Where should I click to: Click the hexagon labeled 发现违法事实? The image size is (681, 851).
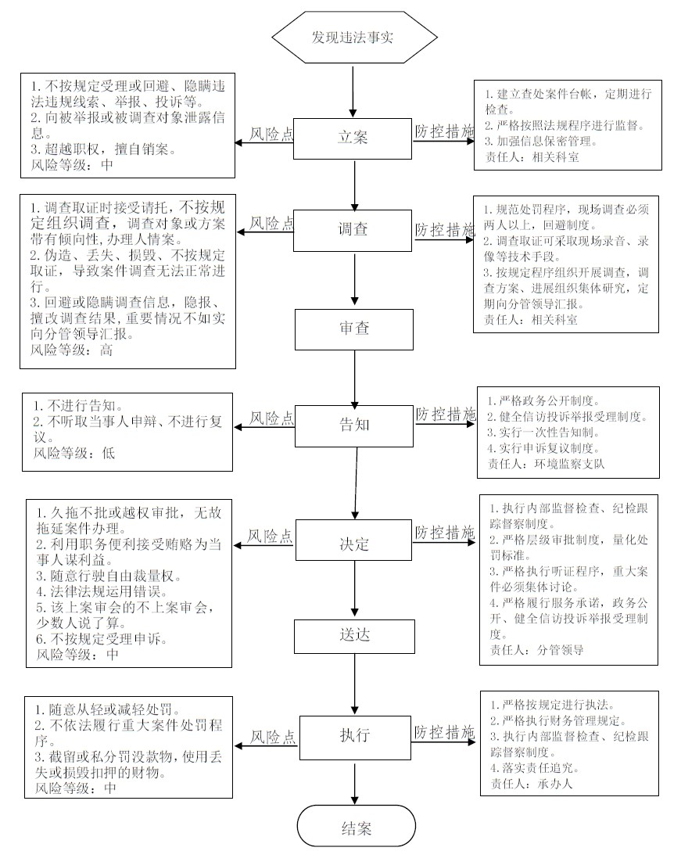click(354, 37)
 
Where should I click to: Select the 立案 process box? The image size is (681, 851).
click(353, 138)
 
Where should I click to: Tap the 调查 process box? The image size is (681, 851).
click(353, 231)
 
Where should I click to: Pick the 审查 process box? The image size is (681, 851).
click(354, 329)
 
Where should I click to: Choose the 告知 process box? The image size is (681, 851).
click(354, 426)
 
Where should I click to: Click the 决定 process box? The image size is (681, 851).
click(354, 540)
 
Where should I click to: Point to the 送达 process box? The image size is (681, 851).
click(354, 636)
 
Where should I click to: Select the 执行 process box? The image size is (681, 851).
click(354, 738)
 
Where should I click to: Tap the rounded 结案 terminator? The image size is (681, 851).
click(357, 827)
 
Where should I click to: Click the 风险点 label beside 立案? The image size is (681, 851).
click(271, 134)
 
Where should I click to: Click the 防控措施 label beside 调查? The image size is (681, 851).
click(444, 230)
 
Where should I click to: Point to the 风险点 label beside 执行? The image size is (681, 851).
click(273, 737)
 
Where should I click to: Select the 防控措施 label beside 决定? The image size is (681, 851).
click(444, 533)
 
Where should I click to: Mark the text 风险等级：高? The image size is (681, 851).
click(72, 350)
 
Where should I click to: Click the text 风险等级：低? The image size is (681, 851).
click(73, 453)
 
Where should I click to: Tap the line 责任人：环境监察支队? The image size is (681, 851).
click(546, 464)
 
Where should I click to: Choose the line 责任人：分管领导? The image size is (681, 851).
click(536, 650)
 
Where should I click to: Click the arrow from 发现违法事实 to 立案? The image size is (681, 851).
click(353, 92)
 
